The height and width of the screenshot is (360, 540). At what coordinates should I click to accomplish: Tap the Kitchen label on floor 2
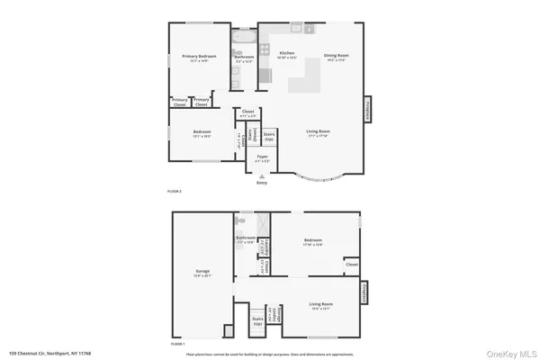[287, 53]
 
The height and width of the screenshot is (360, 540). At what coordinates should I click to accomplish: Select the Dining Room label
[337, 56]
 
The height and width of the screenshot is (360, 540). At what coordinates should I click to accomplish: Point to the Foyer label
[262, 157]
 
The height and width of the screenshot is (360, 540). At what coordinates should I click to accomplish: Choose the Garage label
[202, 270]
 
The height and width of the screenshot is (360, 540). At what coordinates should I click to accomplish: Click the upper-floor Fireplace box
[367, 109]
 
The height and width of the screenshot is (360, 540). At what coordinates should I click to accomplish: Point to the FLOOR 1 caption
[177, 343]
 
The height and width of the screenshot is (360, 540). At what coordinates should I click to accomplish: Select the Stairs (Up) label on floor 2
[268, 136]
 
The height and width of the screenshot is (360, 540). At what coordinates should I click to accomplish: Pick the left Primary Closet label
[180, 102]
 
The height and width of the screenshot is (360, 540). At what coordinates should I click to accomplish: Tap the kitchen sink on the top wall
[296, 27]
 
